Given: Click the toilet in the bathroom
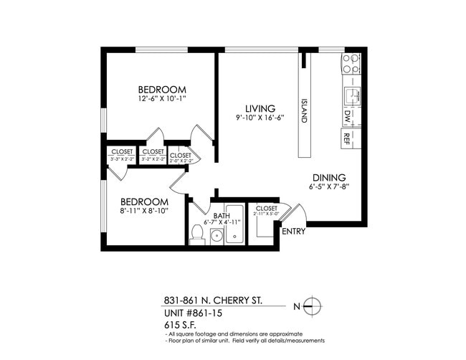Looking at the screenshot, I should pyautogui.click(x=197, y=234).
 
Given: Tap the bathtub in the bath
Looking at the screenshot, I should pyautogui.click(x=235, y=225).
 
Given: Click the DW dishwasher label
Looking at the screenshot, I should pyautogui.click(x=348, y=115).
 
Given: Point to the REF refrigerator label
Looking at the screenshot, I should pyautogui.click(x=347, y=136).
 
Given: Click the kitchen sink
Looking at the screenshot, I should pyautogui.click(x=351, y=94).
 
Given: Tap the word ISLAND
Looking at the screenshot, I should pyautogui.click(x=304, y=111).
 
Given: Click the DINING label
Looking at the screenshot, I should pyautogui.click(x=329, y=178).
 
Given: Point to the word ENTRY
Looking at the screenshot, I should pyautogui.click(x=293, y=232).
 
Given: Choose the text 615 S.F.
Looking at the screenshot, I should pyautogui.click(x=179, y=324).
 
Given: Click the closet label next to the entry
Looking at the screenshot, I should pyautogui.click(x=266, y=208).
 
